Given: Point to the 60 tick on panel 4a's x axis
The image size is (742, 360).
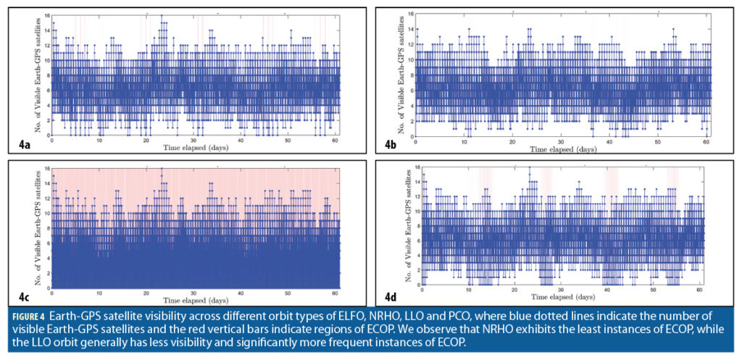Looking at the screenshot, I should point(335,141).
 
